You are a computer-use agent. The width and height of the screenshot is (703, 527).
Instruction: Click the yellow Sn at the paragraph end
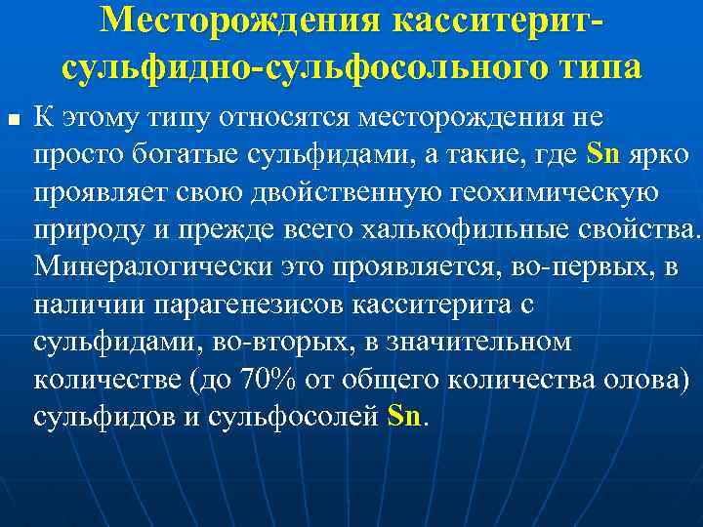pyautogui.click(x=404, y=416)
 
